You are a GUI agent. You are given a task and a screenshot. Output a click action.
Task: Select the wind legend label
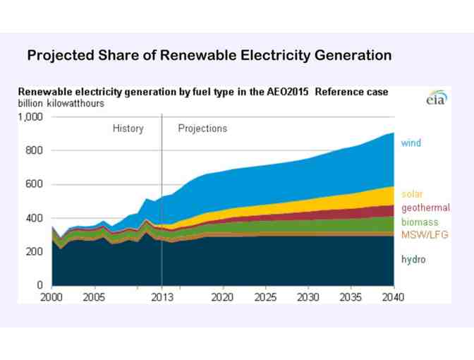coord(411,143)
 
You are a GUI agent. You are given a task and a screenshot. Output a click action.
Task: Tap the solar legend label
coord(413,194)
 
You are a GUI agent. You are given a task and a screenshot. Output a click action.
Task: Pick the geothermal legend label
coord(425,208)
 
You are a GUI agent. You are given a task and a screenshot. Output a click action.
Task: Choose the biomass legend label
coord(420,222)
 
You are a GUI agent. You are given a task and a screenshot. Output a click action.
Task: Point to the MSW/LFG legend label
coord(425,234)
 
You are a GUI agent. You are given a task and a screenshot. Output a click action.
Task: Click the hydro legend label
coord(413,260)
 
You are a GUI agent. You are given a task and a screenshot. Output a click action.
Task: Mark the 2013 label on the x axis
coord(162,297)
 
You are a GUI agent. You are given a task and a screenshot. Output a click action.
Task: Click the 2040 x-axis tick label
coord(392,297)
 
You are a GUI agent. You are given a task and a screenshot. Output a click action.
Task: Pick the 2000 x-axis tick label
coord(51,297)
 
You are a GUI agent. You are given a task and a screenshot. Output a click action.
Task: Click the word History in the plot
coord(128,128)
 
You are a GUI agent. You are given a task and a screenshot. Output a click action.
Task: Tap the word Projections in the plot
coord(202,128)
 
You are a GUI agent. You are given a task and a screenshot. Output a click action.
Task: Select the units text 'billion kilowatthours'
coord(61,104)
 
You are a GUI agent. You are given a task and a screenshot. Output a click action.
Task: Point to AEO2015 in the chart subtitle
coord(288,92)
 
